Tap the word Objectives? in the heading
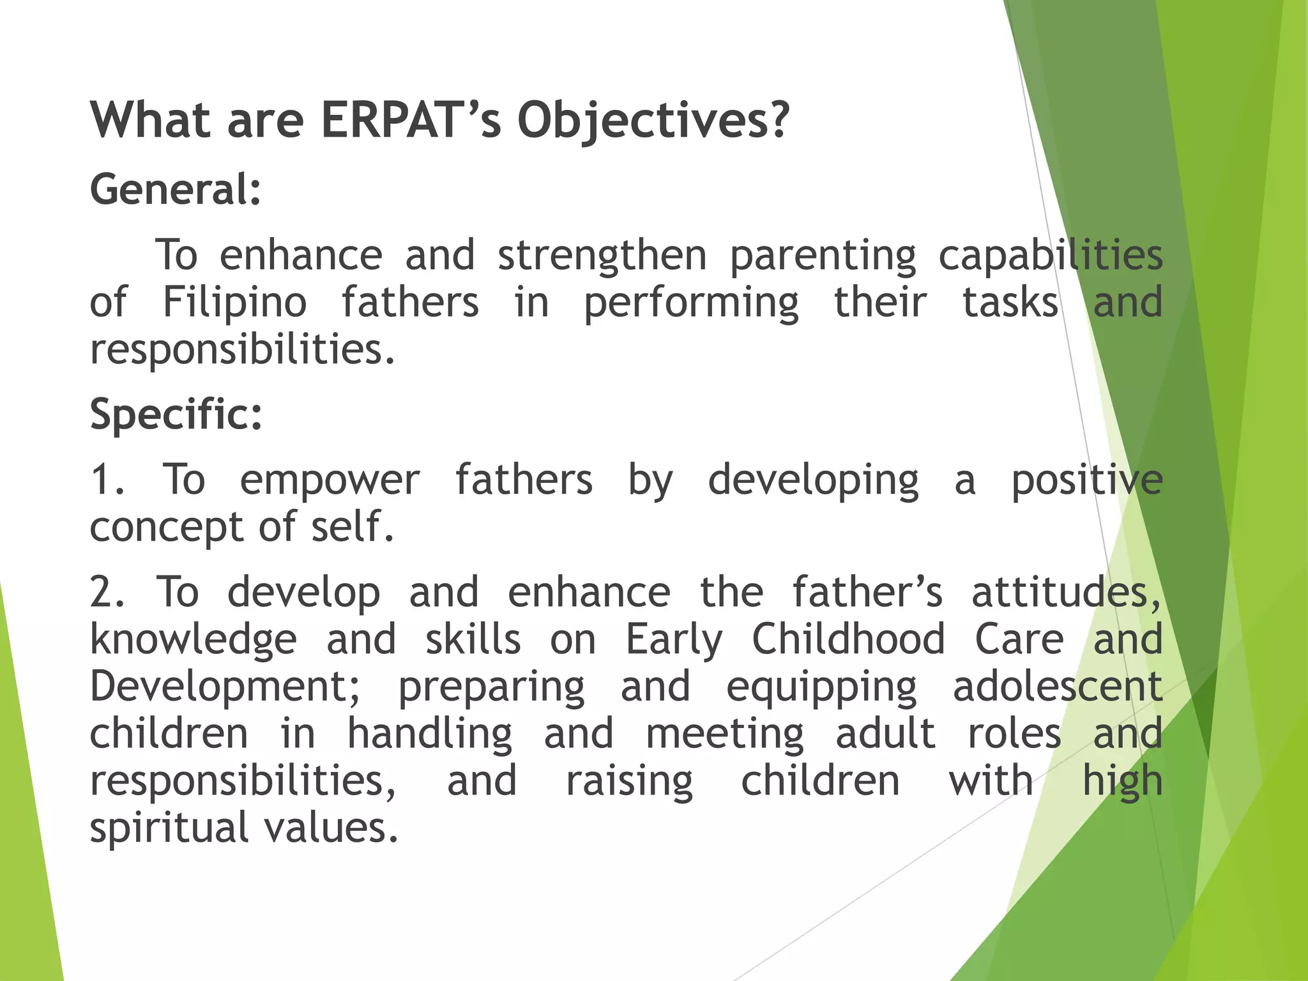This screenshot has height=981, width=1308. [x=653, y=121]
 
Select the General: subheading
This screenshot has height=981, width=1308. [x=176, y=189]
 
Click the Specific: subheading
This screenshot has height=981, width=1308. [x=176, y=414]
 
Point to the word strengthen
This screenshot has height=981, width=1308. [x=602, y=255]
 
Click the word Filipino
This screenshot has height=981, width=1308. [x=234, y=303]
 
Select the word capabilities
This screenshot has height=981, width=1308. [x=1050, y=255]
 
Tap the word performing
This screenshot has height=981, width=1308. [x=691, y=303]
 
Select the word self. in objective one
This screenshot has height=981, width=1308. [x=352, y=527]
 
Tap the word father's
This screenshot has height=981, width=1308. [x=867, y=592]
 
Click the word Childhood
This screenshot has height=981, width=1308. [x=848, y=639]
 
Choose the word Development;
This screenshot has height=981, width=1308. [x=225, y=687]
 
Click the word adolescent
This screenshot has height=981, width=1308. [x=1057, y=687]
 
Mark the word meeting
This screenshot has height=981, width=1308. [x=724, y=734]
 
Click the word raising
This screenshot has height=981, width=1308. [x=629, y=782]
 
